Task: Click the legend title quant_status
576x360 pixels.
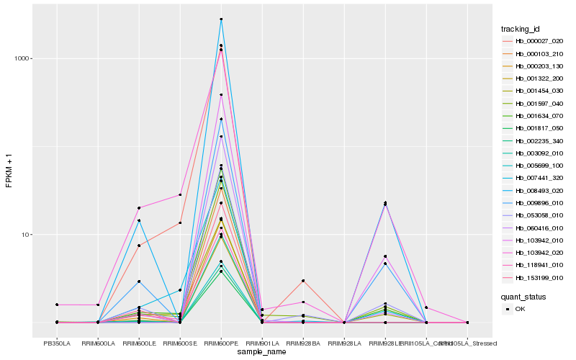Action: [x=524, y=296]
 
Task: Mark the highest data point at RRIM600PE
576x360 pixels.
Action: [x=221, y=19]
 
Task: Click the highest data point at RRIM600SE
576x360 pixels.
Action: [x=180, y=194]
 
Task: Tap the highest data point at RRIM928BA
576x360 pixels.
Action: [x=303, y=280]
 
